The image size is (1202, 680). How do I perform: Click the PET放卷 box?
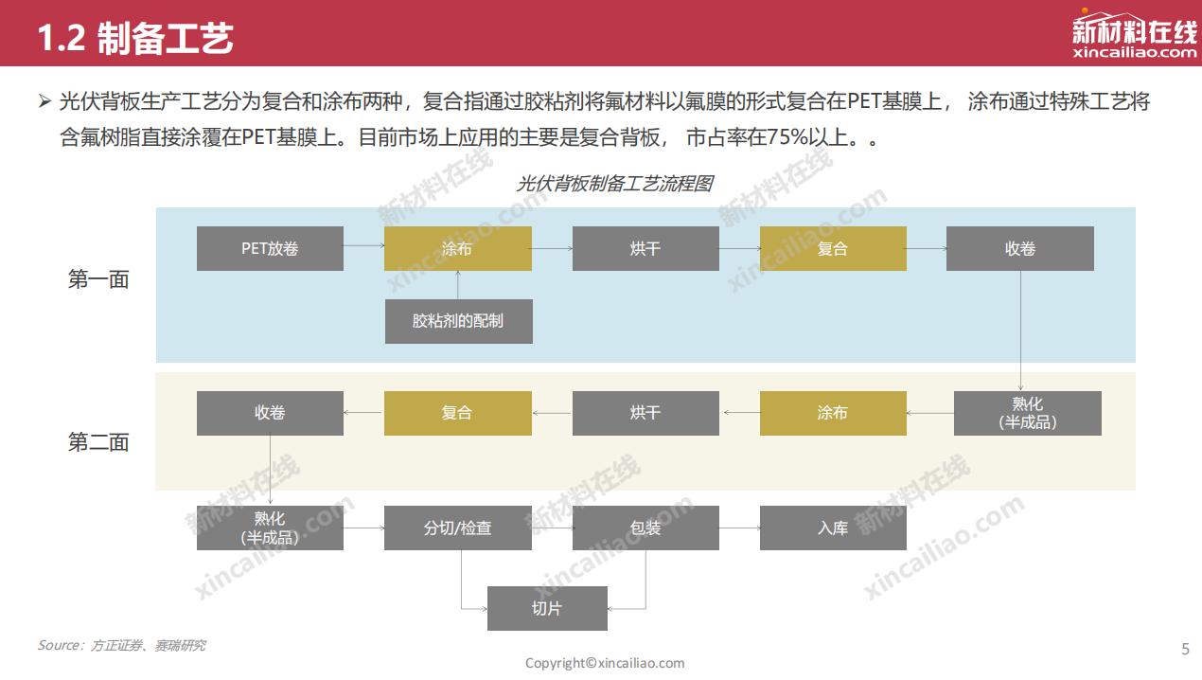(x=270, y=248)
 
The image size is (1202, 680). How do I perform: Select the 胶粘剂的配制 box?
(x=458, y=321)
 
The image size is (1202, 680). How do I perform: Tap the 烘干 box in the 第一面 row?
(x=645, y=248)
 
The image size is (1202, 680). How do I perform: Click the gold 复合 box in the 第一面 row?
(x=833, y=248)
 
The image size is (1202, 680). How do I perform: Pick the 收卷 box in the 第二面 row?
(x=270, y=413)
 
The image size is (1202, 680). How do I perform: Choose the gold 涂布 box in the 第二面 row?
(x=833, y=413)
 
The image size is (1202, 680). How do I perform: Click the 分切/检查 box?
(x=458, y=528)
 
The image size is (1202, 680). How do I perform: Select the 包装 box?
(x=645, y=528)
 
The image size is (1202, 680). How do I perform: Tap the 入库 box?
(x=833, y=528)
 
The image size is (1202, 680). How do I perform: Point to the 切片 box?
(x=547, y=608)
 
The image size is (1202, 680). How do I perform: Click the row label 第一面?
(x=98, y=279)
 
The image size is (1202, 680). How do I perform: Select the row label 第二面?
(x=98, y=442)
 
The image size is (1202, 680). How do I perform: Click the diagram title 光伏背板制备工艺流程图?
(x=614, y=184)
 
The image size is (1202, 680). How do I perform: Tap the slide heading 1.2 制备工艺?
(x=135, y=39)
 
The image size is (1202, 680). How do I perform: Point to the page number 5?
(x=1185, y=649)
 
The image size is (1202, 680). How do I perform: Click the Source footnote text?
(x=121, y=646)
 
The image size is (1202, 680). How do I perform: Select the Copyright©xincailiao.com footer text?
(x=605, y=663)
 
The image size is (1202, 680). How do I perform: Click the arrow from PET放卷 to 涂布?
(x=363, y=247)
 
